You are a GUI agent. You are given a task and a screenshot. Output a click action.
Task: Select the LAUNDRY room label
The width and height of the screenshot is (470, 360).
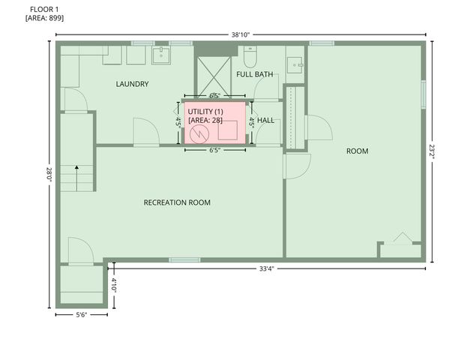coord(132,84)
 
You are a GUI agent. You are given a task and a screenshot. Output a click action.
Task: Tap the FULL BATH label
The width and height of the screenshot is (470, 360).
coord(254,74)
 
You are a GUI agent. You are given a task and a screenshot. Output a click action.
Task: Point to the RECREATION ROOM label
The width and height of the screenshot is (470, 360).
coord(177,202)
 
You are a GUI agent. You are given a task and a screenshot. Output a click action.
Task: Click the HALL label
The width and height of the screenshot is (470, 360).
coord(265,120)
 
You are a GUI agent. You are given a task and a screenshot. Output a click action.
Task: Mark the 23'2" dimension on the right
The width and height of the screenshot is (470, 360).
coord(433,150)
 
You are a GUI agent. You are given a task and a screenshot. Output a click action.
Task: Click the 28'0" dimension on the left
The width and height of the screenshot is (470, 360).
coord(49,174)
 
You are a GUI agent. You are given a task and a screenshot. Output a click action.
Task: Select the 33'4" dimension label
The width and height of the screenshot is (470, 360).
coord(266,268)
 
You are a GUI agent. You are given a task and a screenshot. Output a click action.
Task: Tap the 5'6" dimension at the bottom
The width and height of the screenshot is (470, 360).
coord(81,315)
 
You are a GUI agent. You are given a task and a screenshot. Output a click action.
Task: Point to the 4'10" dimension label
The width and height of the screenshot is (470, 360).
coord(114,285)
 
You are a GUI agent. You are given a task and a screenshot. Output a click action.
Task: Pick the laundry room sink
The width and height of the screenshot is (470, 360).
coord(162,55)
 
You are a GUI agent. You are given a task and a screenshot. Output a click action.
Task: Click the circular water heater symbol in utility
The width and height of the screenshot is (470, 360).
coord(199,133)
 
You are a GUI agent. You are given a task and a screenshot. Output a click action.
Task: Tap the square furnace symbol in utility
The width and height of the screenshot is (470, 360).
coord(228,131)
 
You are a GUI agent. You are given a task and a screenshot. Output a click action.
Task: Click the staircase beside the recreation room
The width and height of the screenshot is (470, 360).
coord(76,178)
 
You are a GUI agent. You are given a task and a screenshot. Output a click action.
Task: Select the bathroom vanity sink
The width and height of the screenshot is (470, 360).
coord(295,63)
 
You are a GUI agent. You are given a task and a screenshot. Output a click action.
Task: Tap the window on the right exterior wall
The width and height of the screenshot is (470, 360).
coord(424,93)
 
